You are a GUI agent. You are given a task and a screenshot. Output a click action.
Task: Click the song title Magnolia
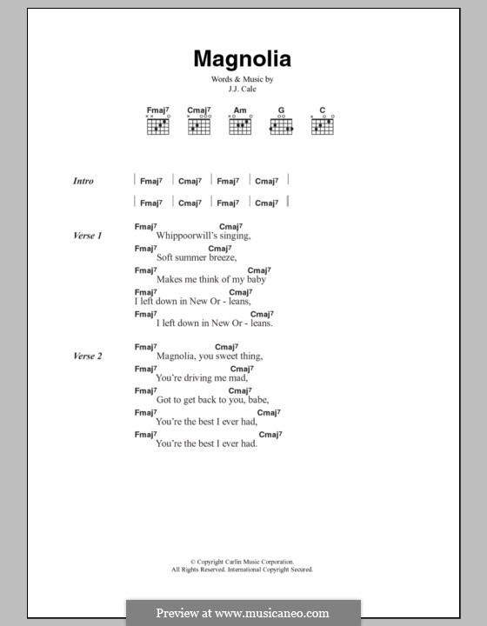242,60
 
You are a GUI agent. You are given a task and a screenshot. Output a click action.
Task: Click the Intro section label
83,181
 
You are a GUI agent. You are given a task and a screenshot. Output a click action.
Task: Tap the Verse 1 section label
88,236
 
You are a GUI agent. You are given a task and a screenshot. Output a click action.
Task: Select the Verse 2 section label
88,356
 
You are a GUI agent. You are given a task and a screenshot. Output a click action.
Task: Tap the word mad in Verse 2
238,377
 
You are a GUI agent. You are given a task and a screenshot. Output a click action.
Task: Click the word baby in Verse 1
253,279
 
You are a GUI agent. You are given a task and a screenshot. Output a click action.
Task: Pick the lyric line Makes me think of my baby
210,279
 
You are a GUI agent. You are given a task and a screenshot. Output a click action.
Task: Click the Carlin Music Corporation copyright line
242,563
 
